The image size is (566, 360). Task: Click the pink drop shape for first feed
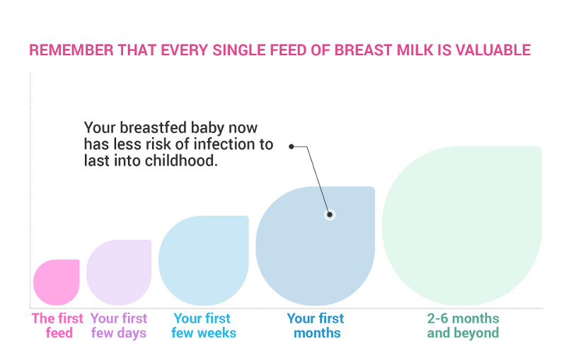tap(57, 282)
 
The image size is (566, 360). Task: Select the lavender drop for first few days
tap(119, 272)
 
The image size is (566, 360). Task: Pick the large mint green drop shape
tap(461, 226)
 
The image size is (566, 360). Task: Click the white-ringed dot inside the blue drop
tap(330, 214)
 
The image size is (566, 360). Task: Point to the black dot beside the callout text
tap(291, 146)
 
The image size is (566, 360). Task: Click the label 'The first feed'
tap(57, 325)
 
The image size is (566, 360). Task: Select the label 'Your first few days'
tap(119, 325)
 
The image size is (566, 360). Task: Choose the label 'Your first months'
tap(316, 325)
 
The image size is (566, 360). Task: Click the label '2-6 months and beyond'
tap(463, 325)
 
